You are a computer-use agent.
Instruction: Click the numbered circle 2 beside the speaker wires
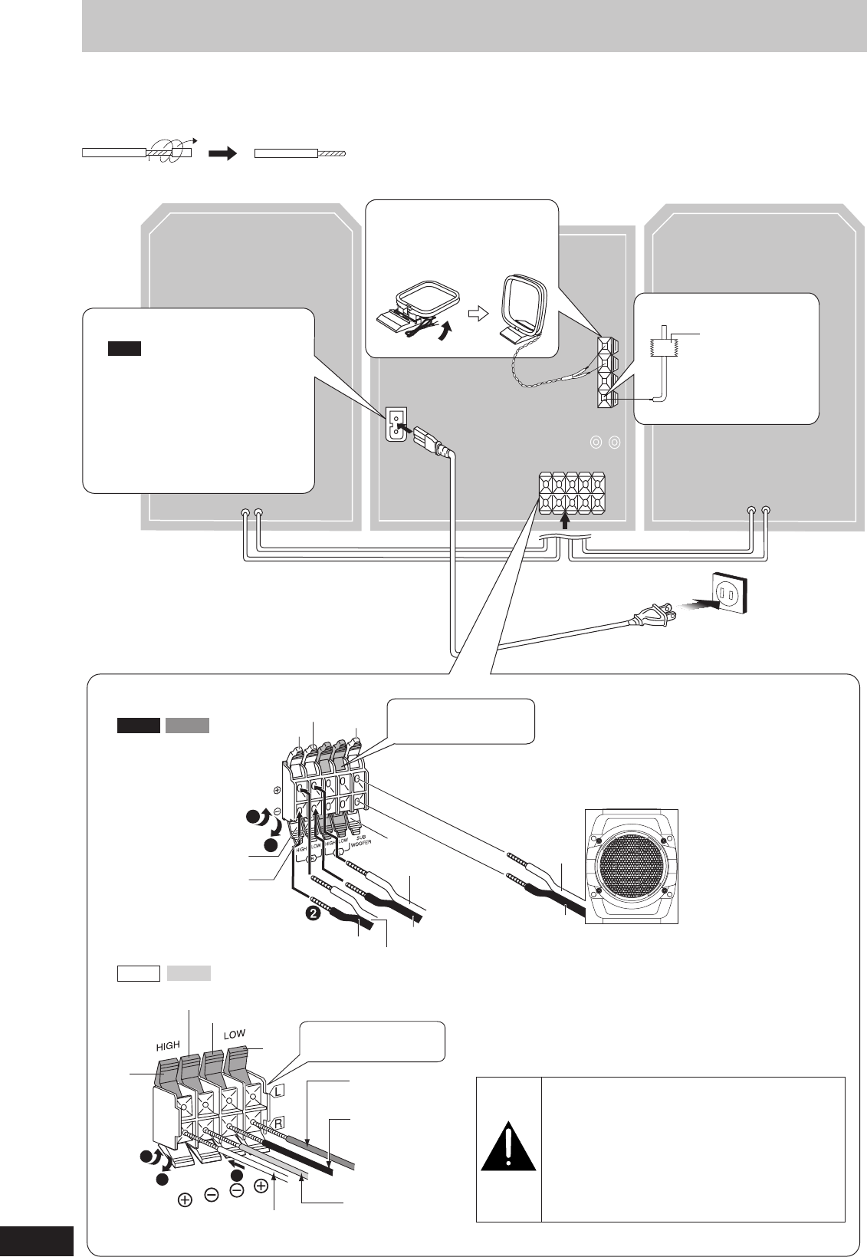(x=312, y=913)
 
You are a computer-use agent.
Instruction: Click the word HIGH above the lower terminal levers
(x=168, y=1045)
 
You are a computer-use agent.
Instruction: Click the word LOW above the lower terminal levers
(x=235, y=1034)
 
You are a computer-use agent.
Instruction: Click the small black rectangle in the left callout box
(x=123, y=349)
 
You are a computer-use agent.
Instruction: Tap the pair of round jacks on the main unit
(x=602, y=443)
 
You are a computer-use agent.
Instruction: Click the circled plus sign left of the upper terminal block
(x=277, y=789)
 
